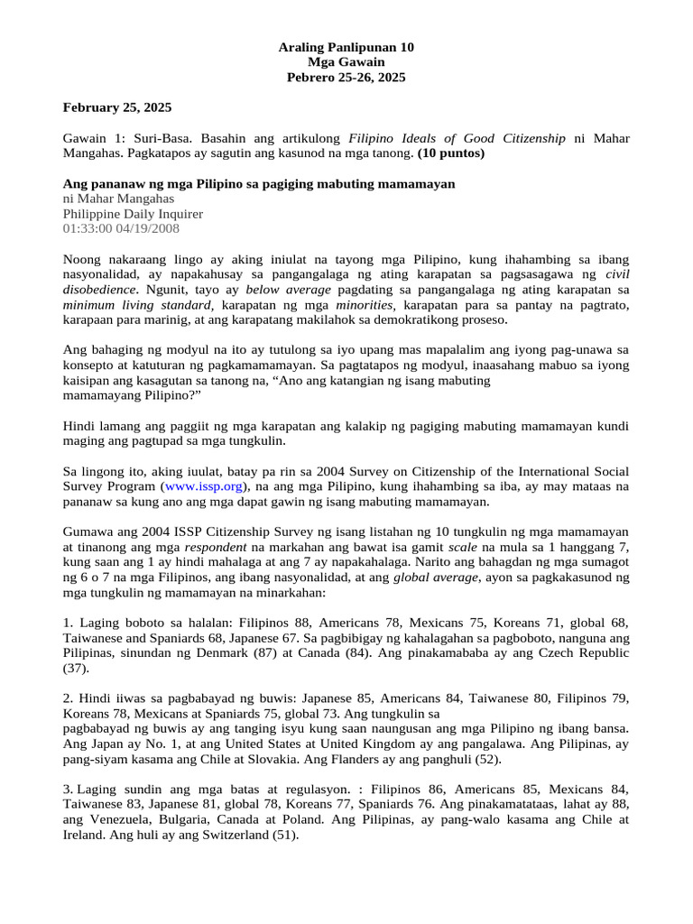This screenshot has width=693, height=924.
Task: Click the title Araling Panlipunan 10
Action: [346, 48]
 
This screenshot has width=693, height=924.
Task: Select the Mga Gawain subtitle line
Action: [346, 62]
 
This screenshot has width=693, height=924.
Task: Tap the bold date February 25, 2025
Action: [116, 107]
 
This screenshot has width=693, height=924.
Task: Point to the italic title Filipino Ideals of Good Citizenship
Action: [457, 138]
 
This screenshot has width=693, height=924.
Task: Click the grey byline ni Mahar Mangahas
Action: [118, 199]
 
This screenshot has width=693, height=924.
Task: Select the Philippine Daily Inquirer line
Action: [133, 214]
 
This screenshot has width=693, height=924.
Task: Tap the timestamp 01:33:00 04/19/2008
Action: [121, 229]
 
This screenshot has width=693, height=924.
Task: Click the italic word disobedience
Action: [99, 290]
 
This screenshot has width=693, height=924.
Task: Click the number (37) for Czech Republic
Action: [77, 669]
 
